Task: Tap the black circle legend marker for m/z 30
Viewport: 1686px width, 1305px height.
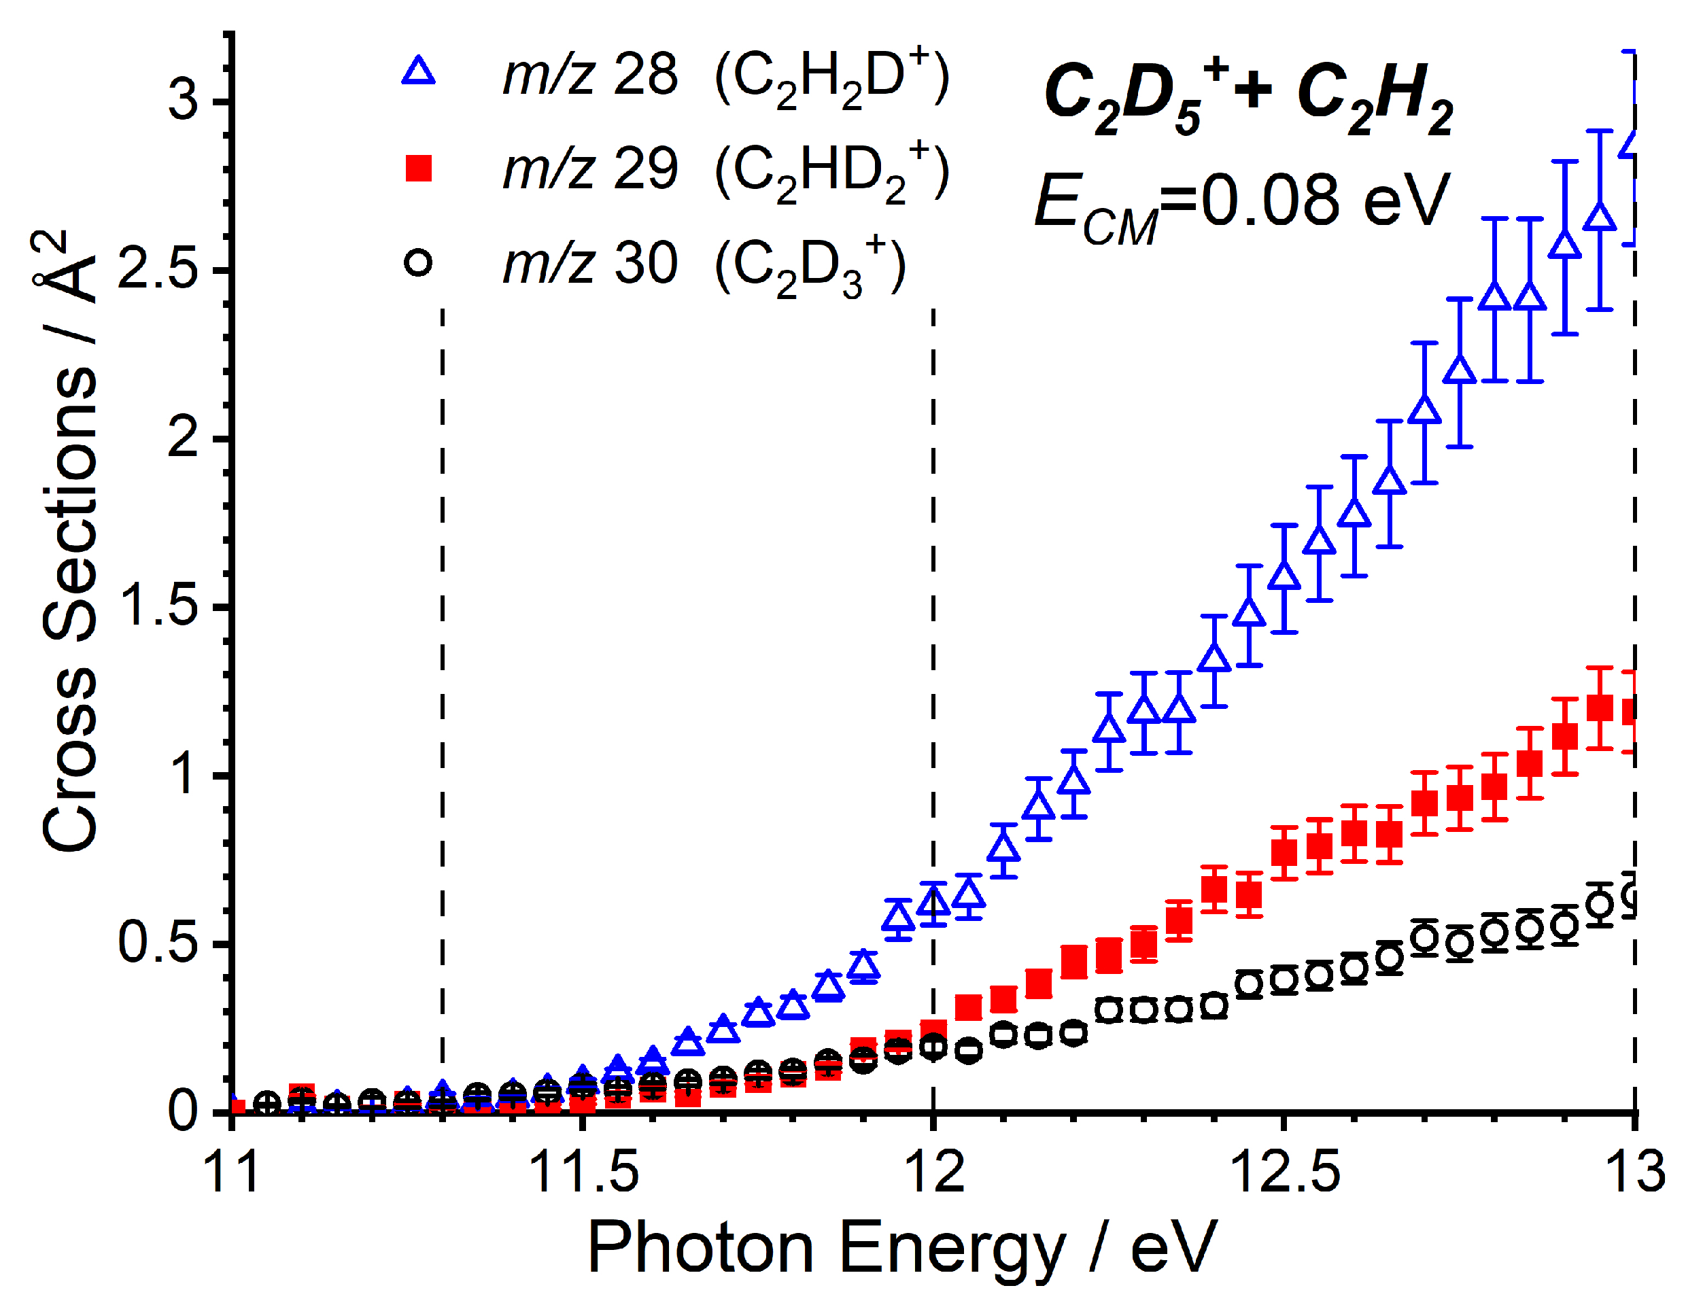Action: (x=418, y=263)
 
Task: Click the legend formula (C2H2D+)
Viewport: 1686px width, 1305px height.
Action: (x=831, y=77)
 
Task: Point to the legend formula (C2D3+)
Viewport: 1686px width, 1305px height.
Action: (x=810, y=267)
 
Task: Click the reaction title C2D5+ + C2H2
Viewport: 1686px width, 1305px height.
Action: (x=1248, y=97)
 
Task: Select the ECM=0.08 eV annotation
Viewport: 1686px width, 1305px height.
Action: (x=1242, y=202)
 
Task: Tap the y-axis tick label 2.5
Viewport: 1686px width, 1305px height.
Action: (x=158, y=270)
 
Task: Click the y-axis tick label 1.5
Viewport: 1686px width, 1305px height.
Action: (x=158, y=606)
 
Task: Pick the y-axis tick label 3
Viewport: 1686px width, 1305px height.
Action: (x=184, y=101)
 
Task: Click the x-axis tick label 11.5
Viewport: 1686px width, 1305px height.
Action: (x=583, y=1172)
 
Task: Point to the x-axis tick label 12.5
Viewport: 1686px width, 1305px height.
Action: (x=1284, y=1172)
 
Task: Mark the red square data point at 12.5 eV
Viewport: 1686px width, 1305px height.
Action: (x=1284, y=853)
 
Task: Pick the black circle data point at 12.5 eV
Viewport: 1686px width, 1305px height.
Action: (x=1284, y=980)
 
